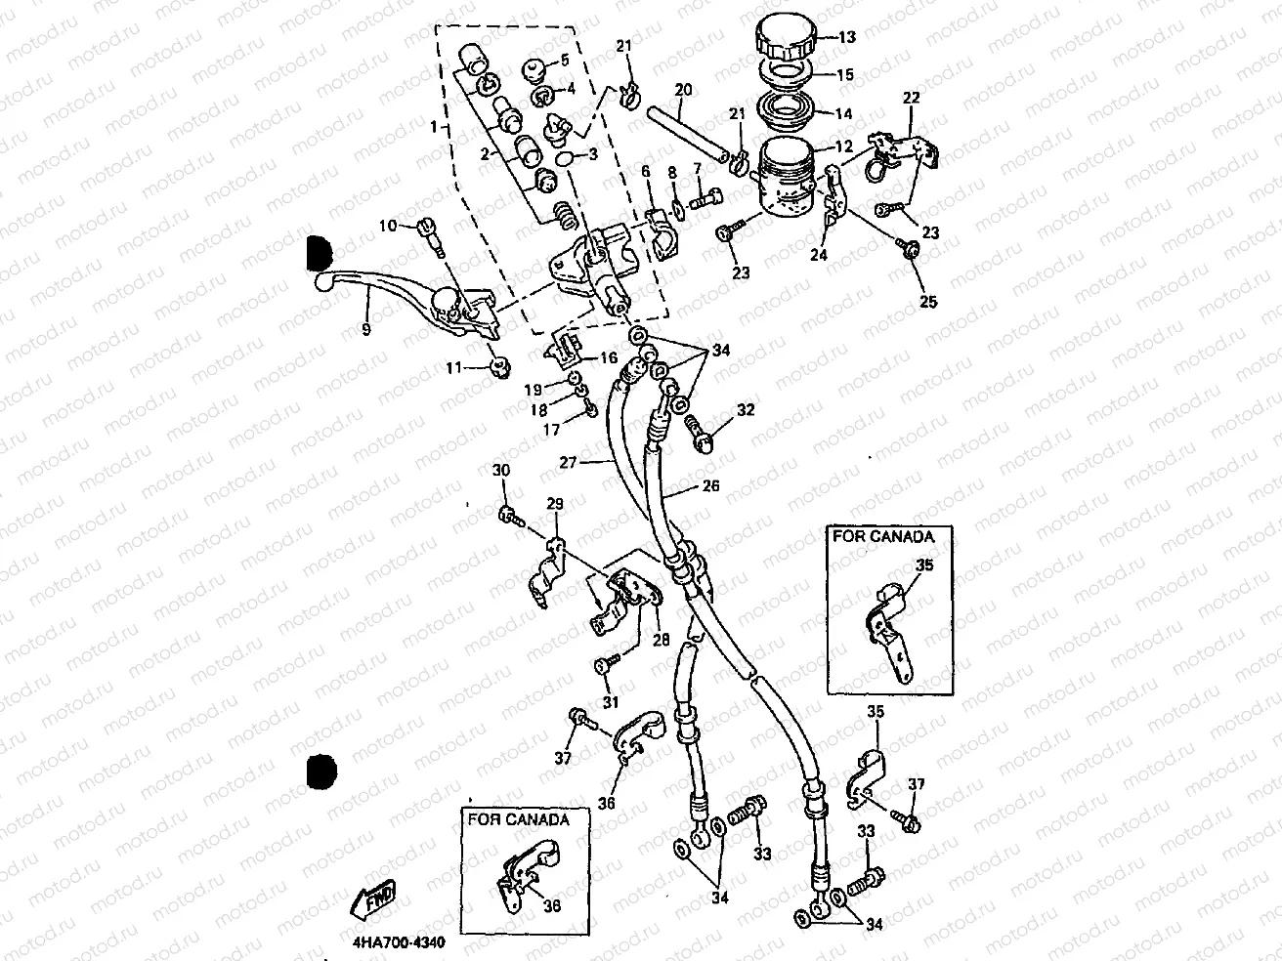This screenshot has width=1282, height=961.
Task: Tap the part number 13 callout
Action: pos(846,38)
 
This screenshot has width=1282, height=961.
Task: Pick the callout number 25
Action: pos(927,302)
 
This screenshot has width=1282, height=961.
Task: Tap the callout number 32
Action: pos(746,411)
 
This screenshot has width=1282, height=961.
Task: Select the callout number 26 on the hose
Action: pos(710,485)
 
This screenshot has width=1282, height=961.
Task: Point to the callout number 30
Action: pos(501,471)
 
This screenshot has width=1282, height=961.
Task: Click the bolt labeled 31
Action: pos(603,665)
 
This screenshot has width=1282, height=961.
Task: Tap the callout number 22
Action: pos(911,99)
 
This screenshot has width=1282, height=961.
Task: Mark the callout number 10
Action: pos(388,226)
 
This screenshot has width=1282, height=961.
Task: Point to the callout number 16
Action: pos(607,358)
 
